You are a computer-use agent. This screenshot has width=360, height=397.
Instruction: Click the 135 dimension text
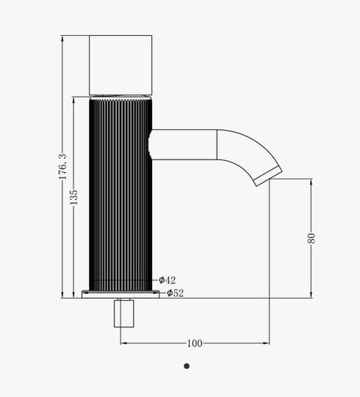click(x=74, y=198)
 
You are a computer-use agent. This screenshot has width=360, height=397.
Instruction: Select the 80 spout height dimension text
click(x=312, y=238)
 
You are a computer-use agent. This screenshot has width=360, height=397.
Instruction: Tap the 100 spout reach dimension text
click(x=195, y=343)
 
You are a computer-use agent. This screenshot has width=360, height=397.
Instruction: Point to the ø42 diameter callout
click(x=168, y=280)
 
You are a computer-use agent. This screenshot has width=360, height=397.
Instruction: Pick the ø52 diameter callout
click(x=175, y=293)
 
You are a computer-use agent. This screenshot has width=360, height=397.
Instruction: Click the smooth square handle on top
click(x=120, y=65)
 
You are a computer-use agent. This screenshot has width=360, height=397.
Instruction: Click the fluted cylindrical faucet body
click(x=120, y=191)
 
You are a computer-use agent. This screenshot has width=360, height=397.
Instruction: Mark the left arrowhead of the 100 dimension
click(x=123, y=343)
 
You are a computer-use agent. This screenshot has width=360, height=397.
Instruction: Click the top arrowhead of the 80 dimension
click(x=311, y=181)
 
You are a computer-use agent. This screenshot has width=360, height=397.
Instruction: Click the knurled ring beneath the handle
click(x=120, y=98)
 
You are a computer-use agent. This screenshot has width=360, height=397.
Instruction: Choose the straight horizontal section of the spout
click(x=184, y=144)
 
